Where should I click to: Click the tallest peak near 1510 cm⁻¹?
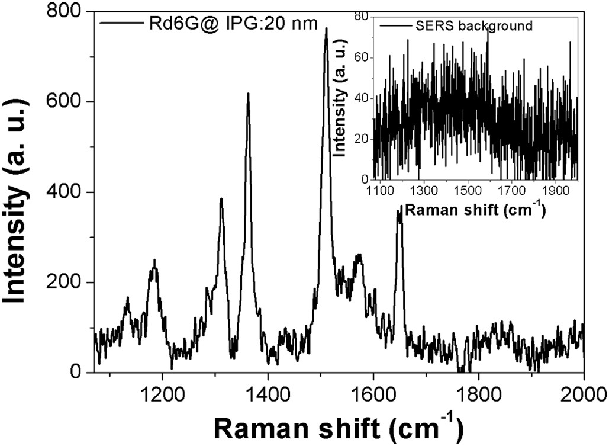[x=326, y=29]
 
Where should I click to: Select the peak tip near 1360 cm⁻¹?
[x=248, y=94]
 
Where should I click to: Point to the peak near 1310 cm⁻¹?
[x=221, y=200]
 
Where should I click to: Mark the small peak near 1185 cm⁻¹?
[x=154, y=261]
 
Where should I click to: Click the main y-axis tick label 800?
[x=66, y=12]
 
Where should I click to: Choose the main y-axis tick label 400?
[x=66, y=192]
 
